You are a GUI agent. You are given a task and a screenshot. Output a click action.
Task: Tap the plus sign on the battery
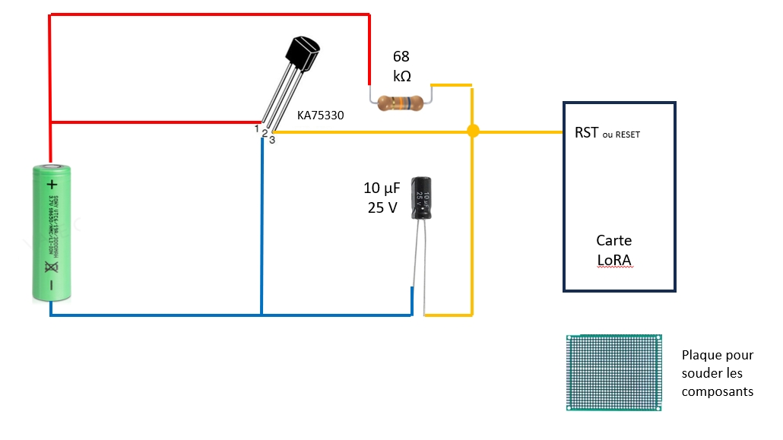pos(52,185)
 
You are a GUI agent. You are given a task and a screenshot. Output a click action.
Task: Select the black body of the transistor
pos(303,54)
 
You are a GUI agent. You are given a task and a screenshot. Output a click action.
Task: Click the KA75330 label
pos(321,116)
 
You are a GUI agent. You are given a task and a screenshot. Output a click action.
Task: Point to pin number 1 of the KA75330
pos(257,128)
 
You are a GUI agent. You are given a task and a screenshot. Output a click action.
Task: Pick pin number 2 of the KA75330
pos(265,133)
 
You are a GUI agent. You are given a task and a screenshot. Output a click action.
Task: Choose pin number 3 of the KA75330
pos(271,138)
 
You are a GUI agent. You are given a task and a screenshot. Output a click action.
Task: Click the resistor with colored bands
pos(400,102)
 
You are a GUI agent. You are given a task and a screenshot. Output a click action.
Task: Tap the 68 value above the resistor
pos(401,56)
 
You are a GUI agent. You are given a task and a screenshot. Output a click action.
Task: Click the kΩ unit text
pos(401,76)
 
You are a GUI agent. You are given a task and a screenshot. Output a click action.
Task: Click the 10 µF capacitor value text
pos(381,188)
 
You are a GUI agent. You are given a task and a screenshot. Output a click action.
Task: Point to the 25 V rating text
pos(382,207)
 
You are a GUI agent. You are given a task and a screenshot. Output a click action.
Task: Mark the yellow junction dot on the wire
pos(473,131)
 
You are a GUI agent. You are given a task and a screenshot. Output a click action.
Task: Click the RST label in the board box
pos(586,133)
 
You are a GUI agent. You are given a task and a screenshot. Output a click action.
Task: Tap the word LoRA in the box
pos(614,260)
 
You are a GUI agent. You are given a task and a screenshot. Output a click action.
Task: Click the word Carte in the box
pos(613,240)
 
